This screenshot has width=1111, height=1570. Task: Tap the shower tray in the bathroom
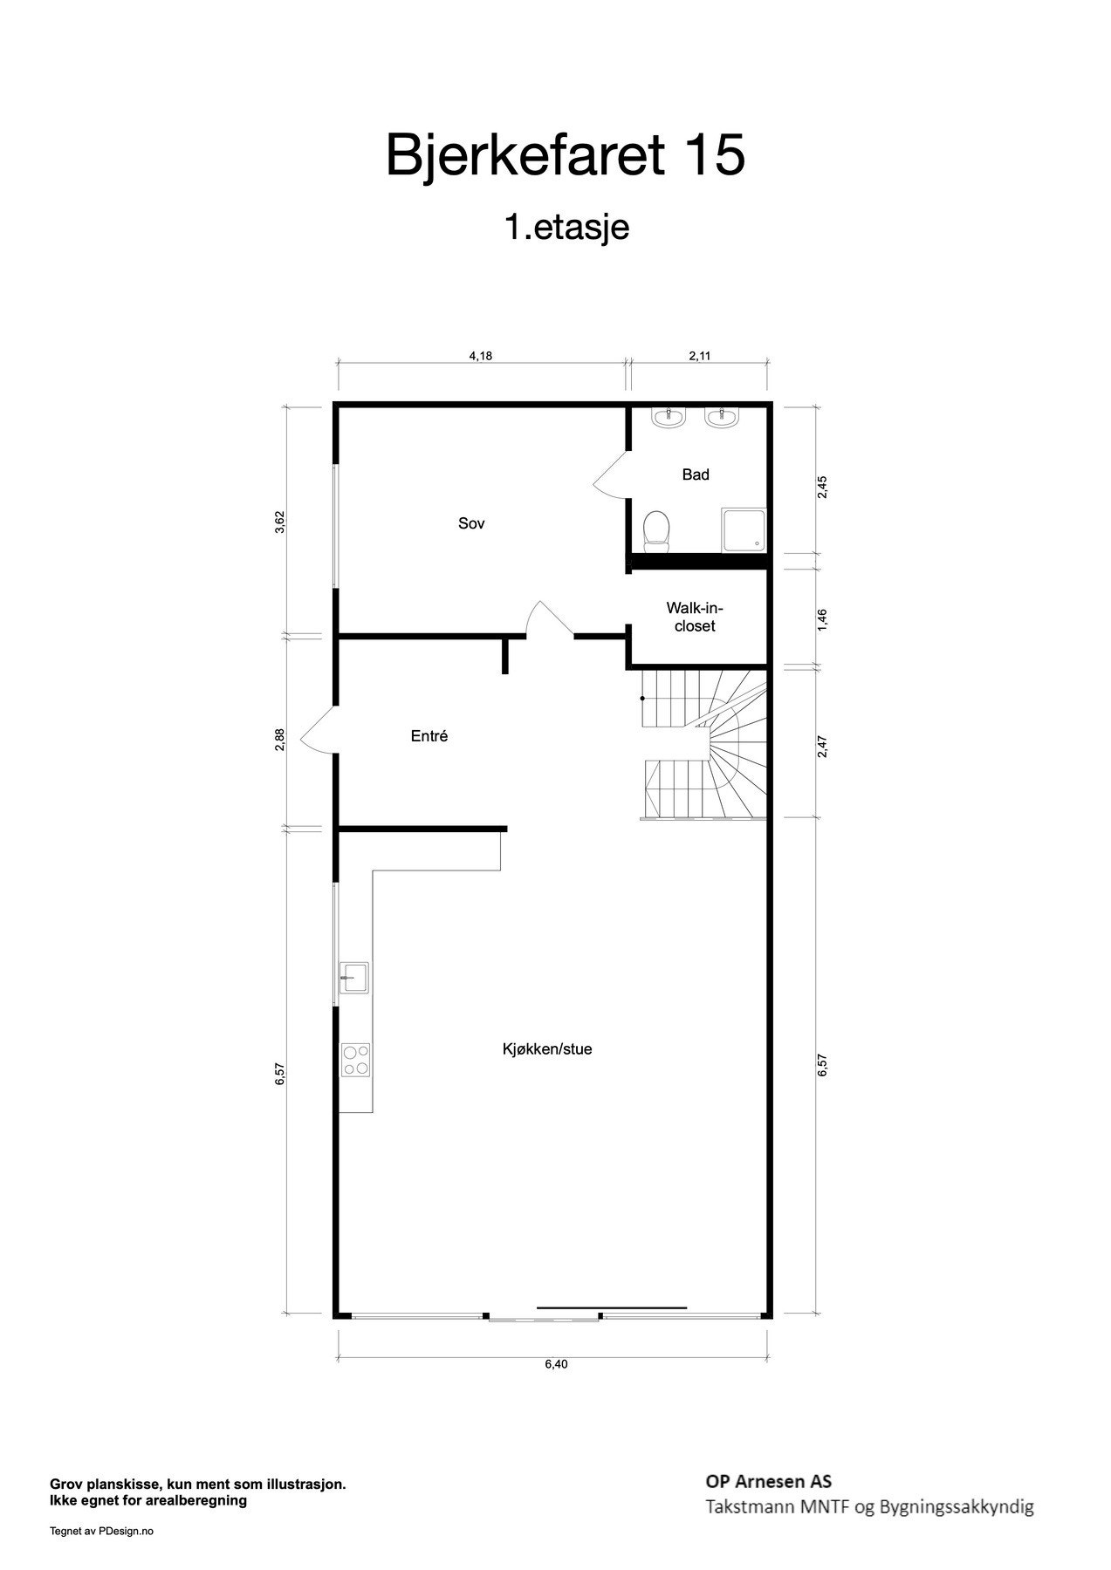point(744,530)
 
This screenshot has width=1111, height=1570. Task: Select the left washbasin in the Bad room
point(669,418)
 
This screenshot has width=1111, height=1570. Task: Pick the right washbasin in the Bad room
point(724,418)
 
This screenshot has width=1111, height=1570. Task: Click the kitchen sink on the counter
point(354,978)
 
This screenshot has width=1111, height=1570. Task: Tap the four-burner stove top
point(355,1060)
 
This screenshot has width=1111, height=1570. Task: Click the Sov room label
point(471,523)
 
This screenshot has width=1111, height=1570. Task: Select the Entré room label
point(429,736)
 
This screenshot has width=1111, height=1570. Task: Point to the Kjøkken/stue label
point(547,1049)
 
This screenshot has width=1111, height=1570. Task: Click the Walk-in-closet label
point(695,617)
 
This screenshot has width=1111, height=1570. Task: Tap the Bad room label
point(696,474)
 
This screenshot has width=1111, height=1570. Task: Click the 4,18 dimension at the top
point(482,355)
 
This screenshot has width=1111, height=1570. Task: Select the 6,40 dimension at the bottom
point(556,1364)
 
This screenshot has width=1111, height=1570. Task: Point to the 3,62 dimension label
point(280,522)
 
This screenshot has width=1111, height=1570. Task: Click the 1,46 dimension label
point(822,619)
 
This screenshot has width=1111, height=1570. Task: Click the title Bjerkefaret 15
point(566,155)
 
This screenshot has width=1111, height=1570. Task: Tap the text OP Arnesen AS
point(768,1481)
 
